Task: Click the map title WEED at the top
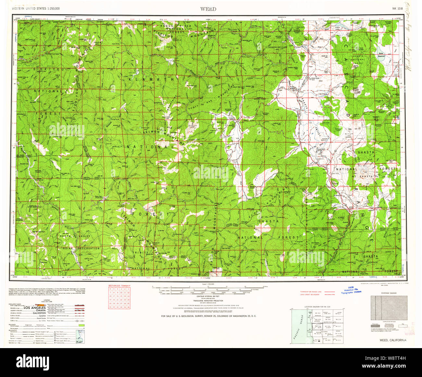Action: pyautogui.click(x=208, y=9)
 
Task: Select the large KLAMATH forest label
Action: pyautogui.click(x=153, y=79)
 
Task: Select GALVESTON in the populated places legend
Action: pyautogui.click(x=36, y=313)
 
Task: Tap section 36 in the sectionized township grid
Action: pyautogui.click(x=128, y=307)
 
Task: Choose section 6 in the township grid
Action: pyautogui.click(x=110, y=289)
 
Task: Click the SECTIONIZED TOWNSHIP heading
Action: pyautogui.click(x=119, y=285)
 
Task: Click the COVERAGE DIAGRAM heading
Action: pyautogui.click(x=389, y=293)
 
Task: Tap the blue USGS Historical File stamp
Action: pyautogui.click(x=351, y=290)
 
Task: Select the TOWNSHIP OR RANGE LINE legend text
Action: pyautogui.click(x=311, y=292)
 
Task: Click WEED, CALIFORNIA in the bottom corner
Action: pyautogui.click(x=393, y=340)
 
